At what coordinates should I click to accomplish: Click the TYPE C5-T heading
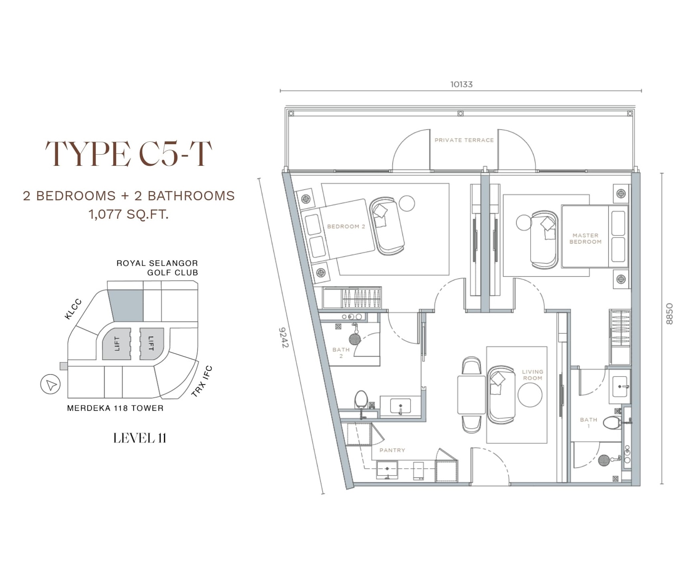tap(129, 153)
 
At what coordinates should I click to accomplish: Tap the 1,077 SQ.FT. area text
tap(129, 214)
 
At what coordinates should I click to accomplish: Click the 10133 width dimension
tap(461, 84)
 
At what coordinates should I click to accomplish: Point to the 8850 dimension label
tap(669, 314)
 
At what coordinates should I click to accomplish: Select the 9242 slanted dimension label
tap(284, 338)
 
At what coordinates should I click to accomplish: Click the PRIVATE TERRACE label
tap(464, 140)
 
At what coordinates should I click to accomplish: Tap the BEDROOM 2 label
tap(346, 226)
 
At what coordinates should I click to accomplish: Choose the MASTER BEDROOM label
tap(585, 238)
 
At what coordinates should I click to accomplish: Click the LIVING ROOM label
tap(533, 375)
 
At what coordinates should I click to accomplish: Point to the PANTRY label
tap(392, 450)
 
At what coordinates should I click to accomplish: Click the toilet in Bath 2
tap(361, 399)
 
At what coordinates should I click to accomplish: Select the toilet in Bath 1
tap(611, 422)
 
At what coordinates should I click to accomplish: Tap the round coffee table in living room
tap(530, 395)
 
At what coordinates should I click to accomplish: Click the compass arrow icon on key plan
tap(50, 385)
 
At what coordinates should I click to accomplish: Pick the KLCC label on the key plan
tap(73, 309)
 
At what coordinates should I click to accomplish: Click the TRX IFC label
tap(202, 381)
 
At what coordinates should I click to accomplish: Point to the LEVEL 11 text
tap(140, 438)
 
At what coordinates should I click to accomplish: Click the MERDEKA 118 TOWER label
tap(115, 408)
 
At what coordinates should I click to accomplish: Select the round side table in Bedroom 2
tap(406, 203)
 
